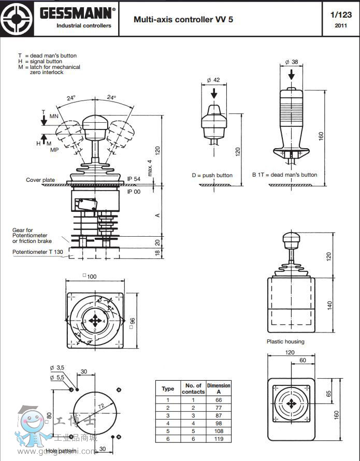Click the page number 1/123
click(340, 15)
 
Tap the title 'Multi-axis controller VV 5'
click(183, 20)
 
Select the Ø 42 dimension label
click(213, 80)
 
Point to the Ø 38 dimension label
click(292, 62)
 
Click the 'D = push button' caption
click(212, 175)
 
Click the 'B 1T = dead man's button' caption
click(284, 175)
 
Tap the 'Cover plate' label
click(40, 180)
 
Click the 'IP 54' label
click(134, 179)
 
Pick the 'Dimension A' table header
click(219, 388)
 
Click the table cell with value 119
click(219, 438)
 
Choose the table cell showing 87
click(219, 415)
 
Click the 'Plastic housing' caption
click(285, 341)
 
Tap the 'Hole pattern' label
click(61, 451)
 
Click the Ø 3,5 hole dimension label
click(57, 368)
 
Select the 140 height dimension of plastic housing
click(330, 306)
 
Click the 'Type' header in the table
click(168, 388)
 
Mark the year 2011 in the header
click(341, 25)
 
